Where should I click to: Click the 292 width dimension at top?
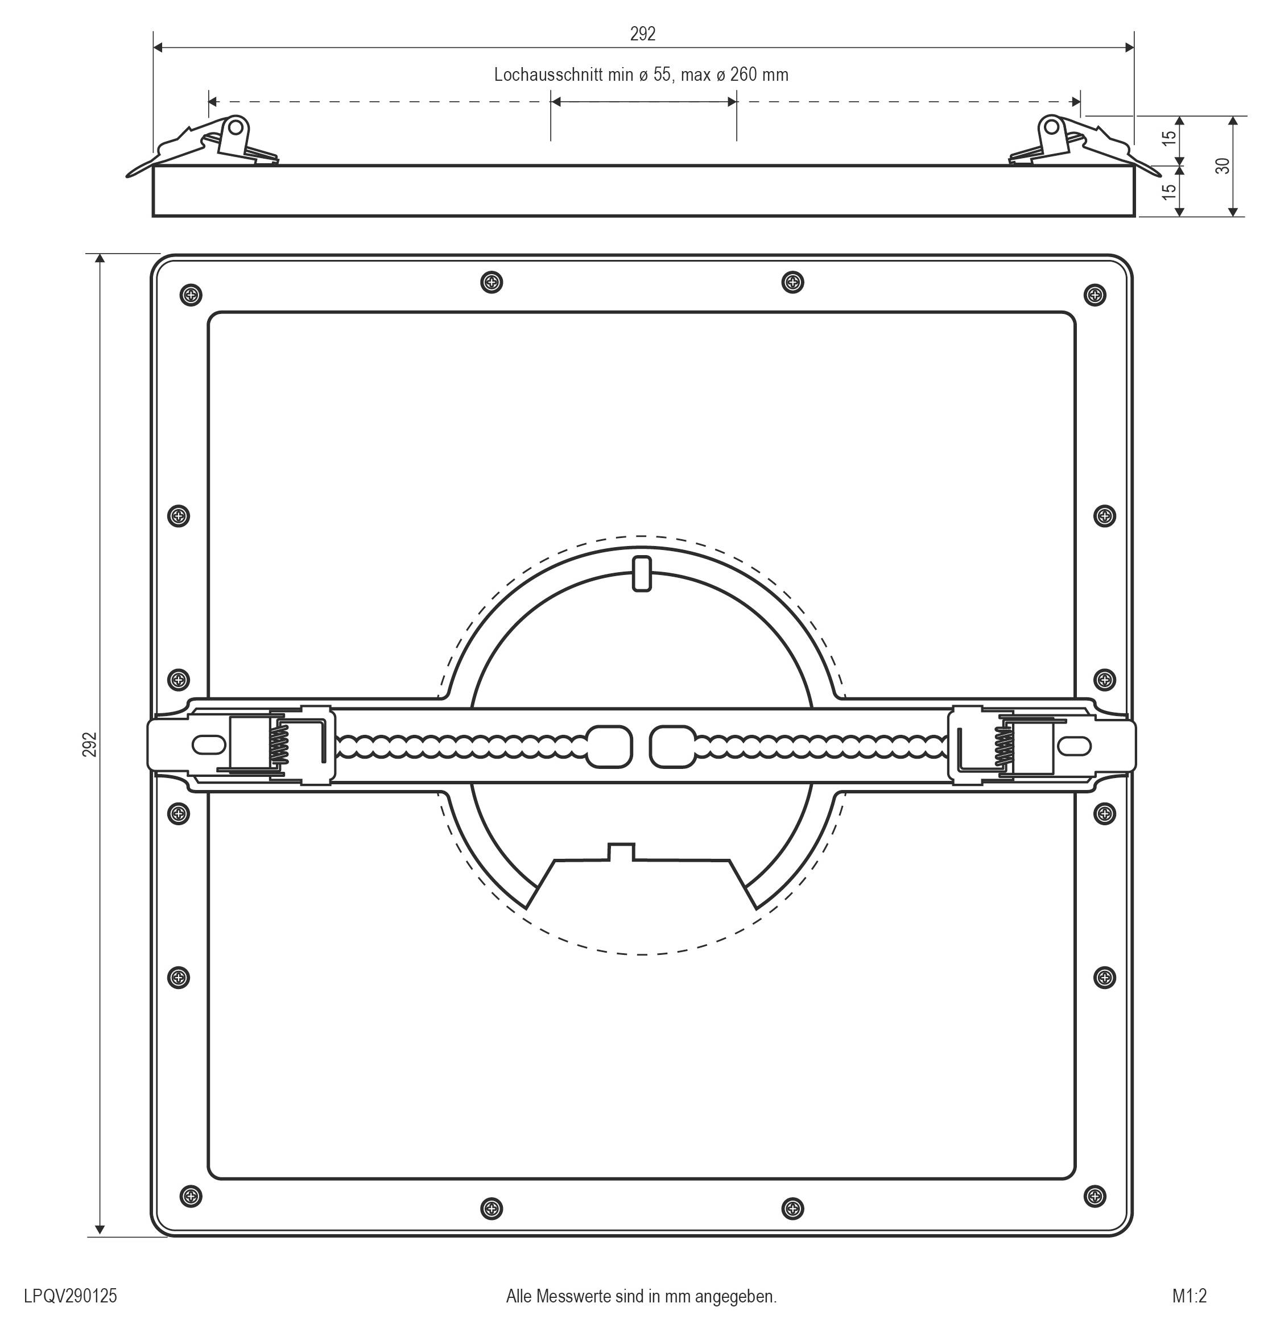tap(642, 35)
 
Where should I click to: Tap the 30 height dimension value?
tap(1223, 166)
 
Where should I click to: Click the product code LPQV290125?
tap(71, 1296)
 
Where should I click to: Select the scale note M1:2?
tap(1190, 1296)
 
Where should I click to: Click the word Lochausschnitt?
tap(548, 75)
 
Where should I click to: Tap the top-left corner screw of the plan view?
tap(192, 295)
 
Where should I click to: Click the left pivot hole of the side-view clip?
tap(236, 127)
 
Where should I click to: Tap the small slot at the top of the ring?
tap(642, 573)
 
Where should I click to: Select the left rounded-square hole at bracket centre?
tap(608, 746)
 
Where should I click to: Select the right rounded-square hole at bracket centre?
tap(672, 746)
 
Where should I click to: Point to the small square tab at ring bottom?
tap(621, 852)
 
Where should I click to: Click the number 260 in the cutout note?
tap(744, 75)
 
